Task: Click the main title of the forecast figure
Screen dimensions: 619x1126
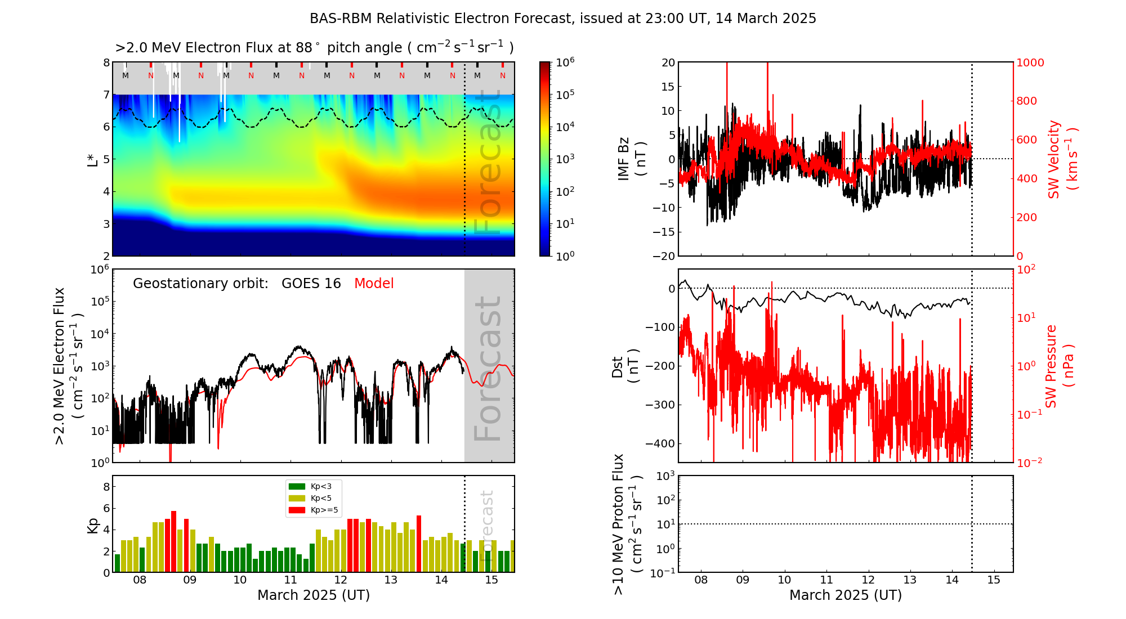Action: coord(562,19)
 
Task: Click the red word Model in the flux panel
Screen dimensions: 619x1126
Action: coord(374,284)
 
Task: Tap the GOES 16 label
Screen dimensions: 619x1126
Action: coord(311,284)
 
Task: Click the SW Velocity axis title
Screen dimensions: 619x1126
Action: coord(1062,159)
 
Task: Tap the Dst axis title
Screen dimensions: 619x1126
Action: coord(625,366)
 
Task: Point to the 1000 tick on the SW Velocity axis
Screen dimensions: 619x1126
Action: coord(1030,62)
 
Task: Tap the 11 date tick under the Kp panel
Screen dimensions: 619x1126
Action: coord(290,580)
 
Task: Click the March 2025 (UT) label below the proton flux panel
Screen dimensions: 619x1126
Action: coord(845,595)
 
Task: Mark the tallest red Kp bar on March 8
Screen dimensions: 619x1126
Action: coord(174,540)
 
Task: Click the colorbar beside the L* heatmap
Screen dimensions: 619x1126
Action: coord(545,159)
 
